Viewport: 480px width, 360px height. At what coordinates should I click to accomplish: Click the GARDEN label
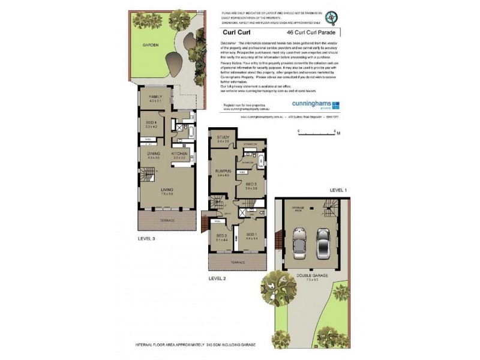(x=150, y=45)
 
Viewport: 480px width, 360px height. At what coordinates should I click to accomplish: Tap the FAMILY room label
(x=155, y=97)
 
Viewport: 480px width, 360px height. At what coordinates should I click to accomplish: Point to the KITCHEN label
(x=180, y=154)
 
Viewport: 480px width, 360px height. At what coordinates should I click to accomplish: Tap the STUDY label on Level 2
(x=223, y=138)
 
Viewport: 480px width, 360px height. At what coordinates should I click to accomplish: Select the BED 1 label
(x=253, y=235)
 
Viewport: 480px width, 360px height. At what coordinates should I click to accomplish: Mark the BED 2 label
(x=221, y=238)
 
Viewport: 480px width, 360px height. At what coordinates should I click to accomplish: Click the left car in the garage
(x=298, y=241)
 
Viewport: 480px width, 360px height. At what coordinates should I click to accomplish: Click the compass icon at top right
(x=335, y=17)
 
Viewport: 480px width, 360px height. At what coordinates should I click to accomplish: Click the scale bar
(x=328, y=134)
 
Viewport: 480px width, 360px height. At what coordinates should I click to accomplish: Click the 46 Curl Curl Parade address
(x=315, y=33)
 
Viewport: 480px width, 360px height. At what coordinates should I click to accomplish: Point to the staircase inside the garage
(x=329, y=208)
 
